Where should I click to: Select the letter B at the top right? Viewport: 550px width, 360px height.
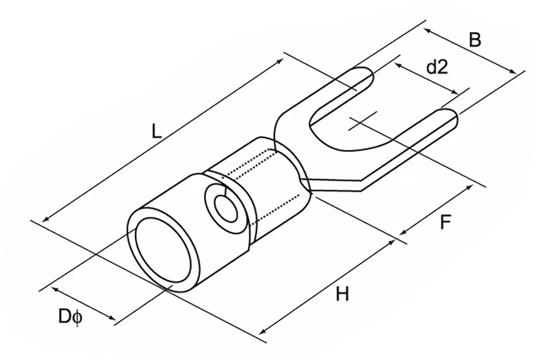[475, 40]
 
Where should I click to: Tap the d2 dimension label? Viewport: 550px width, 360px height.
[436, 68]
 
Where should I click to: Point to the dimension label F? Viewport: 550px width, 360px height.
[446, 223]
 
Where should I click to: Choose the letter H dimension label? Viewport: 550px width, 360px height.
[342, 294]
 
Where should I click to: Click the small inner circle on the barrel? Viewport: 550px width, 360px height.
[225, 210]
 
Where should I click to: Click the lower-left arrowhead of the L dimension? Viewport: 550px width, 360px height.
[44, 220]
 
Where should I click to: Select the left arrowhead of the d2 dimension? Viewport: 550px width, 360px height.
[397, 65]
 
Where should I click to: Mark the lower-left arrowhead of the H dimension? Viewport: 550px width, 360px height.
[262, 332]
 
